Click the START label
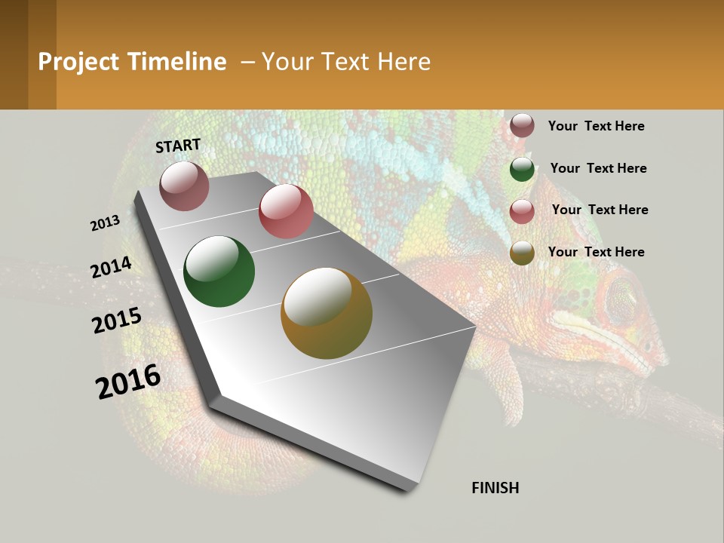coord(178,146)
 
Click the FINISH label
coord(495,488)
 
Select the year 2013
coord(105,223)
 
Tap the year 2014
coord(112,267)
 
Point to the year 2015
coord(117,321)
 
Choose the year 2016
coord(128,382)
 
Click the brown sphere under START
coord(184,186)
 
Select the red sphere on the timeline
coord(286,211)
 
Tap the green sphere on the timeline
coord(219,271)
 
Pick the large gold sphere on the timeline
coord(327,313)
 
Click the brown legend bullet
coord(522,125)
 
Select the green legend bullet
coord(522,169)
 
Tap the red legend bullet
coord(522,211)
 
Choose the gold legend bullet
coord(522,253)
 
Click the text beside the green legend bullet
coord(598,168)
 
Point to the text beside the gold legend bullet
coord(596,252)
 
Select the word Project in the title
coord(78,62)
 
